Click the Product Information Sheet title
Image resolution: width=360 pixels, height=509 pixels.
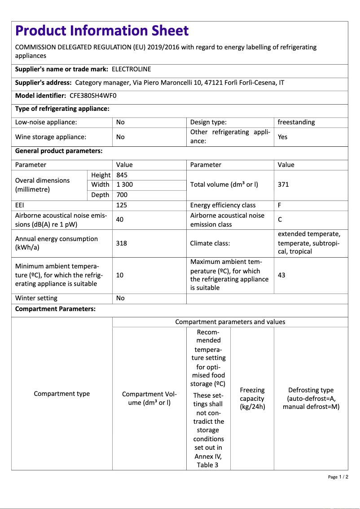102,31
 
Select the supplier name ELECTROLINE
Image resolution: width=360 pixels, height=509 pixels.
131,69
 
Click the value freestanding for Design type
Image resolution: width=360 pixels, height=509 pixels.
296,122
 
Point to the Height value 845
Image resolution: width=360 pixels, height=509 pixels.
122,175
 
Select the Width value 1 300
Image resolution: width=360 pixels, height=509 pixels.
124,184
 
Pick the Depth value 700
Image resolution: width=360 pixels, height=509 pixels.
122,195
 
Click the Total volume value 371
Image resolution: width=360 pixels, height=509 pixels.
283,184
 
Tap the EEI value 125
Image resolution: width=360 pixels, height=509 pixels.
121,205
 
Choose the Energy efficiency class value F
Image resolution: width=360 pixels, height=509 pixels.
280,205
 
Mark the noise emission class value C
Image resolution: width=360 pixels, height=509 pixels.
280,220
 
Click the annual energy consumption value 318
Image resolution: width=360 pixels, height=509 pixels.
121,243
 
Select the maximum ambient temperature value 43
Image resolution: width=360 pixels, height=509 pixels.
281,275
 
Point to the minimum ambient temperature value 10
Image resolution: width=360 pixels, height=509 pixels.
120,275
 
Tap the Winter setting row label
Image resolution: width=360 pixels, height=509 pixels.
36,298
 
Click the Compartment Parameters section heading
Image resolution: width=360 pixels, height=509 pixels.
55,309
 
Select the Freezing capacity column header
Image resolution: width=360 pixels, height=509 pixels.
252,399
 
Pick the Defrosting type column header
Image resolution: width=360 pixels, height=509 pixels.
311,399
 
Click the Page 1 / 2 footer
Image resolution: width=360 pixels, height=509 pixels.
338,477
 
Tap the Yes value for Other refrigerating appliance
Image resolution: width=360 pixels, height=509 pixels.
282,137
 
